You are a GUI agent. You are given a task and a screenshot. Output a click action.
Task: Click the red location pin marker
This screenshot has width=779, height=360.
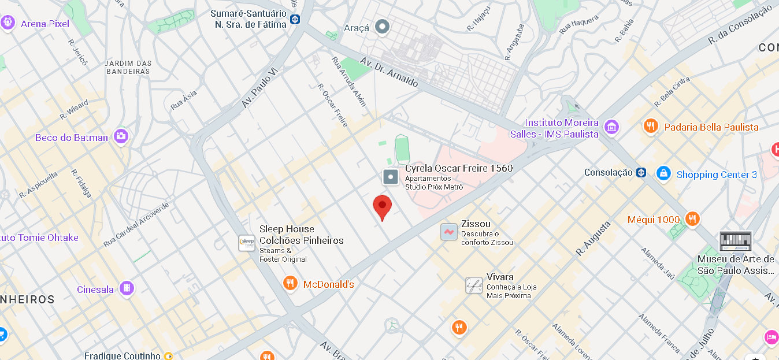coord(382,206)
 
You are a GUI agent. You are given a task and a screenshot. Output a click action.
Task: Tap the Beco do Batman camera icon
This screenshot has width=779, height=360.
coord(121,136)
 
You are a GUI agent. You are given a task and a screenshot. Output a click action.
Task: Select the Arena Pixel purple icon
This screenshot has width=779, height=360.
coord(8,23)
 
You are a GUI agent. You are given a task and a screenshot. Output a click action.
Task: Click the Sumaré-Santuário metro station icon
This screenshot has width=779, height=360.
coord(295,19)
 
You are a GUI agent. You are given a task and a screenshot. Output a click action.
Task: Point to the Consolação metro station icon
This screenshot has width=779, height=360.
coord(641,172)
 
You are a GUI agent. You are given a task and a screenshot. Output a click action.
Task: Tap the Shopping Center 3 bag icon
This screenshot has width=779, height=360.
coord(663,173)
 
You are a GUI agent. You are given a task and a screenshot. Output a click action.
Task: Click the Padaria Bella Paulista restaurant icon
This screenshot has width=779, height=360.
coord(651,125)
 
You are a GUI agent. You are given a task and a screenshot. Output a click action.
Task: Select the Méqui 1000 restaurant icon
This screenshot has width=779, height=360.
coord(692,218)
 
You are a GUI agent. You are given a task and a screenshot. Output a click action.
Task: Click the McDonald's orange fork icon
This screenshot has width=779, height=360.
coord(290,283)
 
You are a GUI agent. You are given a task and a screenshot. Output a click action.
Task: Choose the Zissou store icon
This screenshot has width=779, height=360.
coord(448,232)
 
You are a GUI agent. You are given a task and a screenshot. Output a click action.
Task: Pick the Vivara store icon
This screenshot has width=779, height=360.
coord(474,285)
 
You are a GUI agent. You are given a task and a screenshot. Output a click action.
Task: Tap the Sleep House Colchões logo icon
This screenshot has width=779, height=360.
coord(247,243)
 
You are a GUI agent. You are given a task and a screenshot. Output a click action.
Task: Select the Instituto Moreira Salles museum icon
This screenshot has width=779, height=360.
coord(611,127)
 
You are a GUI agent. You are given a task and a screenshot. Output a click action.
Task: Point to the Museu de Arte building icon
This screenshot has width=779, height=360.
coord(736,241)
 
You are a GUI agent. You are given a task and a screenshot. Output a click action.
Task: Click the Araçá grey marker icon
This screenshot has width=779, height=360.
coord(382,26)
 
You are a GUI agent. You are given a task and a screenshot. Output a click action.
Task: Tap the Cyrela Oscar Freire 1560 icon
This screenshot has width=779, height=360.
coord(391,176)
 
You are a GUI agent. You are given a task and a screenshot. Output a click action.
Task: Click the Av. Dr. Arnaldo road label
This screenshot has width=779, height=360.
coord(389,72)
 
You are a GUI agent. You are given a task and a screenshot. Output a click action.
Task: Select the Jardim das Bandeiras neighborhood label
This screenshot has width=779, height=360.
coord(128,67)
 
